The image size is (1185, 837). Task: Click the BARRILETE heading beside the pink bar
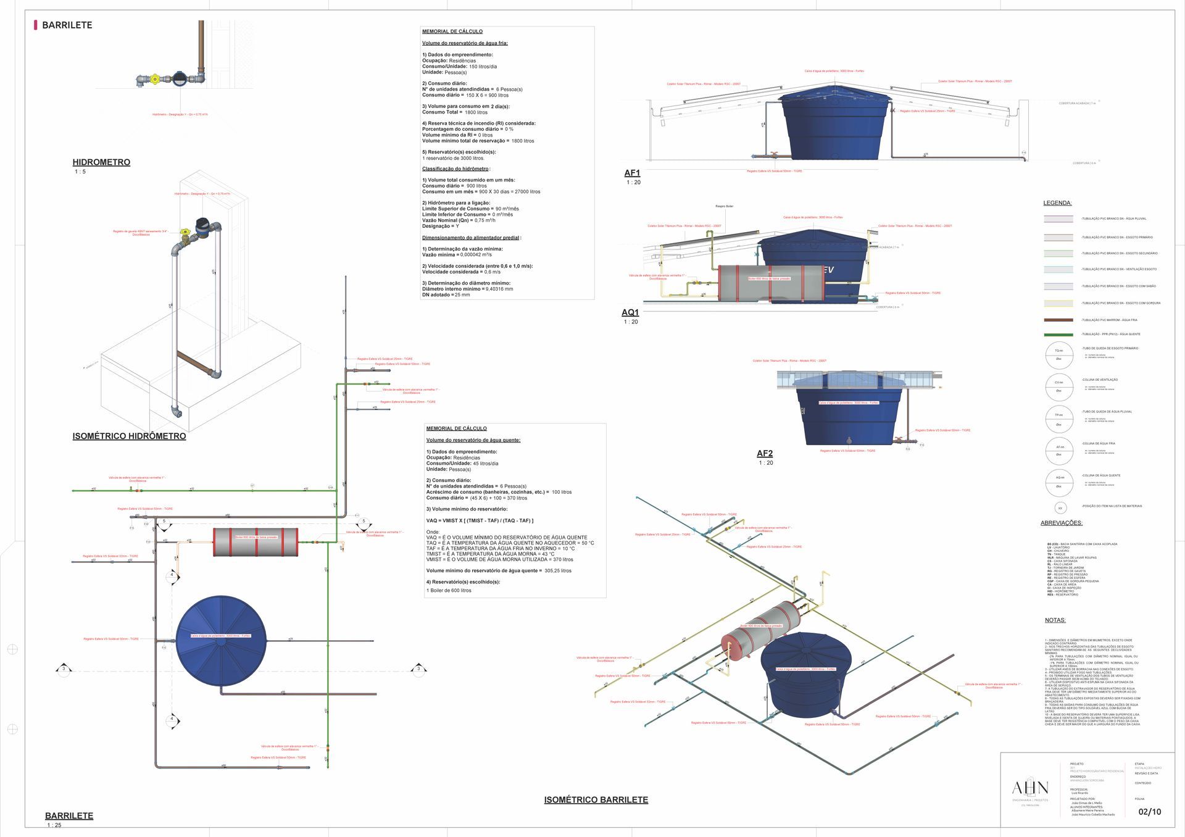tap(67, 25)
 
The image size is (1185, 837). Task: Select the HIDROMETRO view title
tap(101, 162)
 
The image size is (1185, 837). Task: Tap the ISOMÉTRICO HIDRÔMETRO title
tap(129, 436)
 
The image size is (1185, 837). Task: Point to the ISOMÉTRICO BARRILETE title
tap(596, 799)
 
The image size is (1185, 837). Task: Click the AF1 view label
tap(632, 173)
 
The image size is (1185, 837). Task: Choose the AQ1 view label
tap(630, 312)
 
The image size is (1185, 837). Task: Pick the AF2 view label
tap(765, 453)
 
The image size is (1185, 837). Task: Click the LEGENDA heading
tap(1057, 203)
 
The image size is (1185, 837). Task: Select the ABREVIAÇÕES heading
tap(1062, 523)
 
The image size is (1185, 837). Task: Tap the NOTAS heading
tap(1055, 620)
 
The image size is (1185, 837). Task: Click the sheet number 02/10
tap(1149, 812)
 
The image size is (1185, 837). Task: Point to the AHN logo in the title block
tap(1030, 788)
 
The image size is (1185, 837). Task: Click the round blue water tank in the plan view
tap(221, 641)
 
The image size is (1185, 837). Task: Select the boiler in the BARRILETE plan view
tap(256, 541)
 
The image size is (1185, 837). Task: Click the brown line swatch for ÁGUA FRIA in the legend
tap(1058, 320)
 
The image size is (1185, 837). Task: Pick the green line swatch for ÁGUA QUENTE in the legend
tap(1058, 335)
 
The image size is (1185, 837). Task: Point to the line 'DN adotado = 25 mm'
tap(446, 294)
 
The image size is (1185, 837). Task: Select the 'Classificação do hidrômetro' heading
tap(455, 169)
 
